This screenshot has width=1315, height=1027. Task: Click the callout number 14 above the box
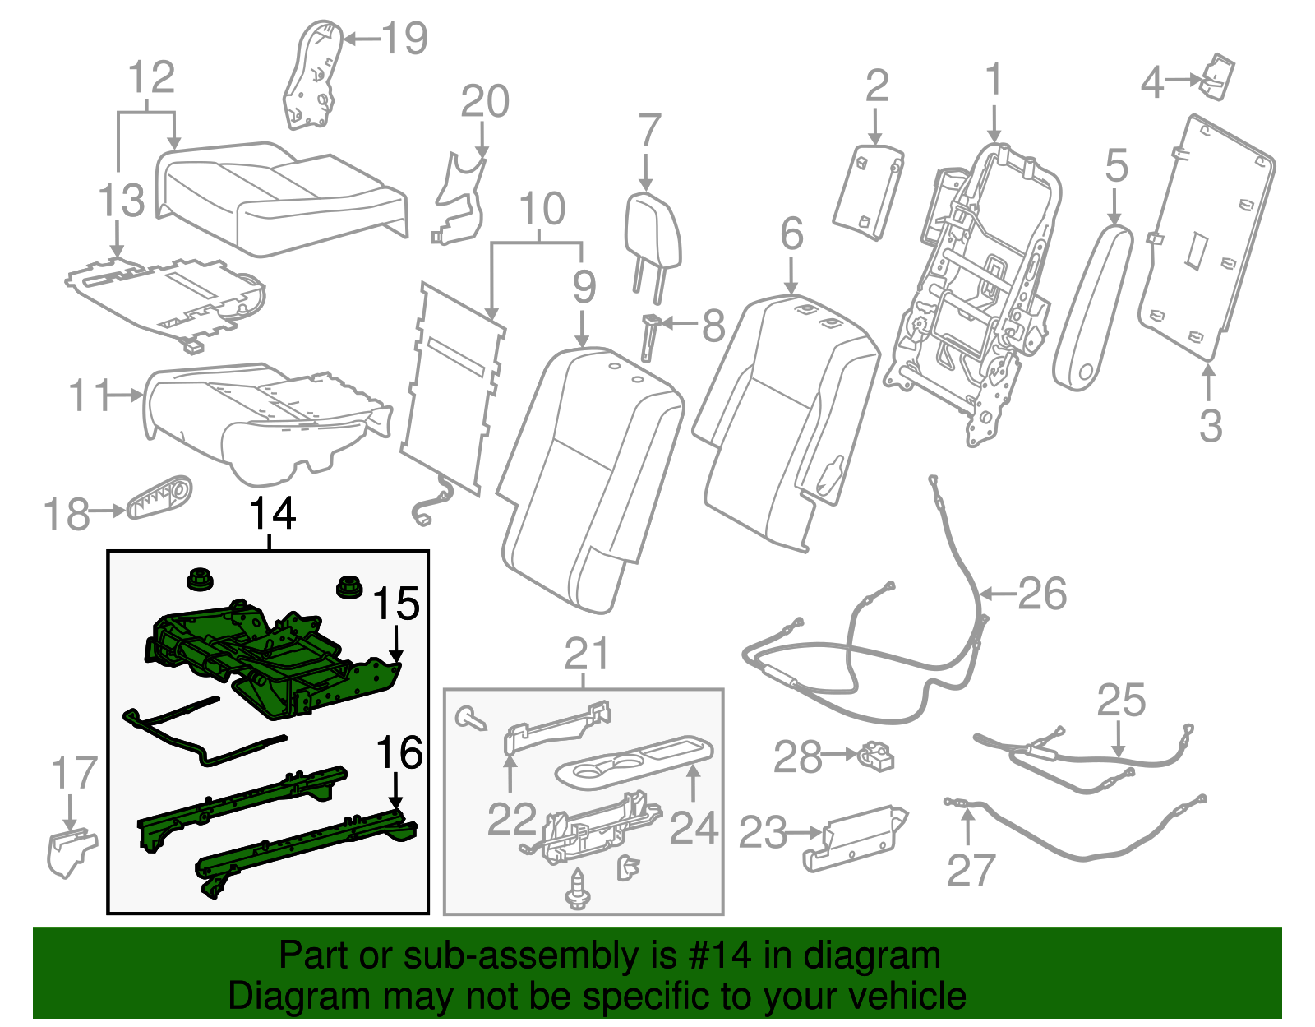pos(272,514)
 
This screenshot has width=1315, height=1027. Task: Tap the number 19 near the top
pos(405,38)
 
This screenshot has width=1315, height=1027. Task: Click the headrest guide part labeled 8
pos(649,335)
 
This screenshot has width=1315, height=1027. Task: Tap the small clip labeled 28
pos(878,755)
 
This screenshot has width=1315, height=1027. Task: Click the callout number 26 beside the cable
pos(1041,594)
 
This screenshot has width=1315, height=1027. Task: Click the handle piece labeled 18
pos(160,497)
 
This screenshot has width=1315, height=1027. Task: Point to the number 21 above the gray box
pos(587,655)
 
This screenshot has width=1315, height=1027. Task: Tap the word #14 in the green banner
pos(715,956)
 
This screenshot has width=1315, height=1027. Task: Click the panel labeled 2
pos(869,192)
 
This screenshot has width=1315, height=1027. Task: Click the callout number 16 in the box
pos(399,752)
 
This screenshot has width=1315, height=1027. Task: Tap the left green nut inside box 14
pos(198,581)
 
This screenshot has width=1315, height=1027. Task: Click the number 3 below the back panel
pos(1210,426)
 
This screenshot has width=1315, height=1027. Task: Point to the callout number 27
pos(971,870)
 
